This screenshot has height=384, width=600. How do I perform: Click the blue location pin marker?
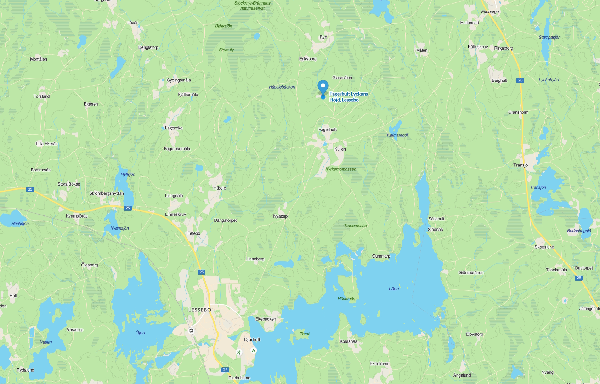click(323, 88)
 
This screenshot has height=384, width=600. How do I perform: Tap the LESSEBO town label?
click(200, 310)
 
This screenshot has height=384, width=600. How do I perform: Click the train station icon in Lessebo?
click(191, 331)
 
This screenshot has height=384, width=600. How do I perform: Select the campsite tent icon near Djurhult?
click(253, 350)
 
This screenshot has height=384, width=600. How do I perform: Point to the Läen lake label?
click(394, 289)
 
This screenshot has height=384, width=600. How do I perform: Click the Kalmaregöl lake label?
click(397, 135)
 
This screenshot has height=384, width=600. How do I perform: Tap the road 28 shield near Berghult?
click(520, 80)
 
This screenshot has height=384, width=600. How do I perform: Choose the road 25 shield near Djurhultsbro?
click(225, 370)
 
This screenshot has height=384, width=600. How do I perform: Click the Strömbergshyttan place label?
click(107, 193)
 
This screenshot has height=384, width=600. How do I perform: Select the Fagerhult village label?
click(327, 130)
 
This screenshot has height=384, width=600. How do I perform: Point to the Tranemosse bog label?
click(355, 226)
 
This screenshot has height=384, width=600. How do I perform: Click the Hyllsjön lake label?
click(128, 174)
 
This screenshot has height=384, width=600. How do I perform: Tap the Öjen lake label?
click(140, 333)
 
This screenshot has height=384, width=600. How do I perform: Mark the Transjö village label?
click(520, 165)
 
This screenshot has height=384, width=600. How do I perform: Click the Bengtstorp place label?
click(148, 47)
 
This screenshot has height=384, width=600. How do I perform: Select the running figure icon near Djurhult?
click(239, 352)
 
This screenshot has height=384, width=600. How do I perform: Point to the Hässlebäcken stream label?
click(282, 87)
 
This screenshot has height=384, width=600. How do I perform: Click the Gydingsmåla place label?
click(179, 80)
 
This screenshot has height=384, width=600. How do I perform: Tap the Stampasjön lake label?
click(549, 38)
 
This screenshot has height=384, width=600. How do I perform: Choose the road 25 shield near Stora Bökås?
click(30, 189)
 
